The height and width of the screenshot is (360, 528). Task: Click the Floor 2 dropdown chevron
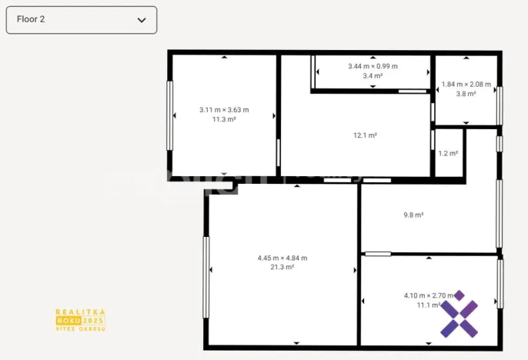[x=142, y=20]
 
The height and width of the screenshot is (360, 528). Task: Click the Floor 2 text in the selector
[x=31, y=20]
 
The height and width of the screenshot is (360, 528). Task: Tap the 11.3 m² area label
[x=223, y=119]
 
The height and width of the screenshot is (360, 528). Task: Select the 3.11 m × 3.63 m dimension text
[x=223, y=110]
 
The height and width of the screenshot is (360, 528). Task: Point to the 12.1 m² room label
[x=365, y=135]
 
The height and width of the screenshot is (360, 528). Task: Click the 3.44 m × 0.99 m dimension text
[x=373, y=67]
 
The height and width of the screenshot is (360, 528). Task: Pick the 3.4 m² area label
[x=373, y=76]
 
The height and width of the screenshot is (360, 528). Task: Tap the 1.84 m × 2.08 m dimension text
[x=466, y=85]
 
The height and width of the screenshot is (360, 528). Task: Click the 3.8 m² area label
[x=466, y=94]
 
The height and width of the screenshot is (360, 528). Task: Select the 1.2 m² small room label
[x=448, y=153]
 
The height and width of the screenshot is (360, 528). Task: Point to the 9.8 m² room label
[x=414, y=215]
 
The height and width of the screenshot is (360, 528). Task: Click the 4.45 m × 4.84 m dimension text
[x=282, y=258]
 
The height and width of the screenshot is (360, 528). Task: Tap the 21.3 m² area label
[x=282, y=267]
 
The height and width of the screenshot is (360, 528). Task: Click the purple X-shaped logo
[x=459, y=315]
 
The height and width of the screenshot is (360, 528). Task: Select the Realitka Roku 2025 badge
[x=80, y=320]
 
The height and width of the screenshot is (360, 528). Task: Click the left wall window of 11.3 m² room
[x=170, y=115]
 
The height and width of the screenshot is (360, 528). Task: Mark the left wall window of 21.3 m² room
[x=206, y=277]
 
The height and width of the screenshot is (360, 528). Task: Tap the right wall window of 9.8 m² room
[x=500, y=213]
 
